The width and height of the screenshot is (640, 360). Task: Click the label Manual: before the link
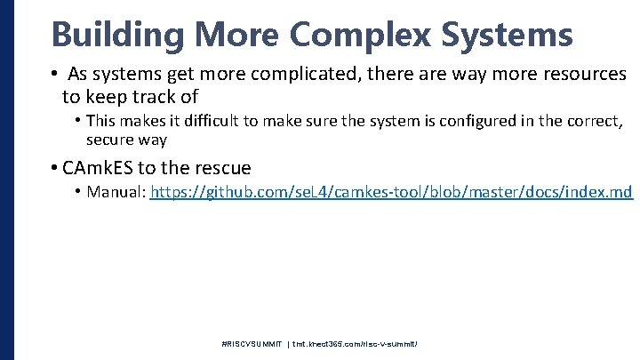tap(116, 192)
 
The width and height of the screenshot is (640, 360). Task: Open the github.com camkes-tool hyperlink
tap(391, 192)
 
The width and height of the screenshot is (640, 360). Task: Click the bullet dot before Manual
tap(79, 192)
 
